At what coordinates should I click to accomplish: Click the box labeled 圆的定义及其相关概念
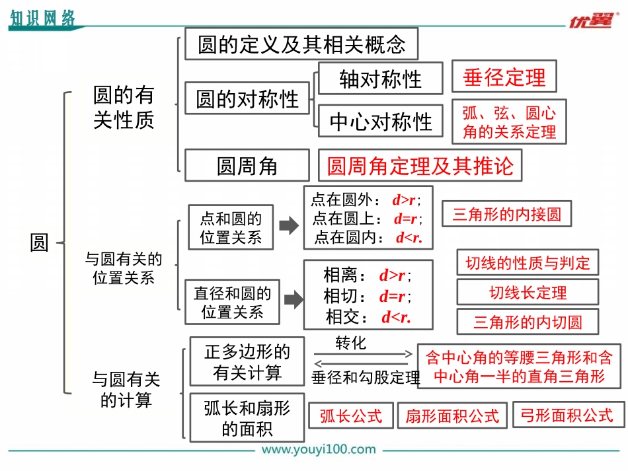[x=301, y=44]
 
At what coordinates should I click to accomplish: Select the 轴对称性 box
[x=380, y=79]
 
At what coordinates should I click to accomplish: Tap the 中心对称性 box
[x=380, y=122]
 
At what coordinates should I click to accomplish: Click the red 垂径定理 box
[x=504, y=77]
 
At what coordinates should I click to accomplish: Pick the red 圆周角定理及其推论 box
[x=420, y=165]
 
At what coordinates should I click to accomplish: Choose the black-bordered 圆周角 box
[x=247, y=166]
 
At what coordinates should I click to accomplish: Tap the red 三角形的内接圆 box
[x=506, y=214]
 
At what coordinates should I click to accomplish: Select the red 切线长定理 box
[x=528, y=292]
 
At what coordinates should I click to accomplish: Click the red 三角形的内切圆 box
[x=528, y=322]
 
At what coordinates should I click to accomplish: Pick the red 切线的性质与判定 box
[x=528, y=262]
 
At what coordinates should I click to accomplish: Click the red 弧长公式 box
[x=351, y=416]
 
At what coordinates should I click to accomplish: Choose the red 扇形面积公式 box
[x=452, y=416]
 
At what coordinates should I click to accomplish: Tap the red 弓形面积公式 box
[x=567, y=415]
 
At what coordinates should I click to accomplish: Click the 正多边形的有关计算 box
[x=247, y=362]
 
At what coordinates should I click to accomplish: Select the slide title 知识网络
[x=42, y=18]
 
